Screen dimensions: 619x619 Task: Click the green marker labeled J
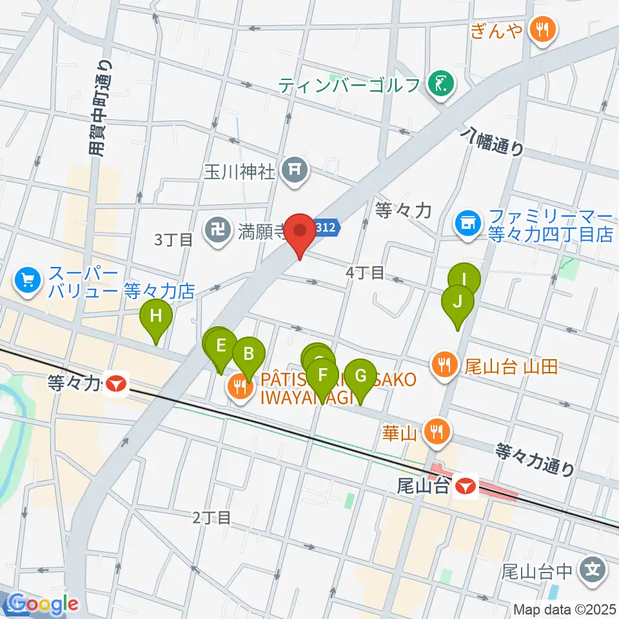[458, 302]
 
